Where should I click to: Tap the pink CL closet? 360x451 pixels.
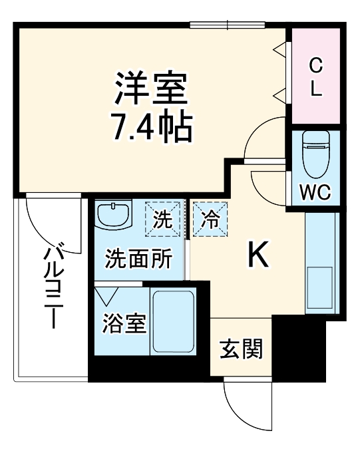(316, 76)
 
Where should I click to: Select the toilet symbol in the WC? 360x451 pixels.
(313, 153)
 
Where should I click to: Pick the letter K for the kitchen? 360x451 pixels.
(259, 255)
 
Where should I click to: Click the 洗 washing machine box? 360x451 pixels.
(162, 219)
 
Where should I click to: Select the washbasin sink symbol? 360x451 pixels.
(112, 214)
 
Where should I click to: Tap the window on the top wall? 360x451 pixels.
(228, 25)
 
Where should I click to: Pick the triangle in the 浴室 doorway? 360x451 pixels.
(106, 294)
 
